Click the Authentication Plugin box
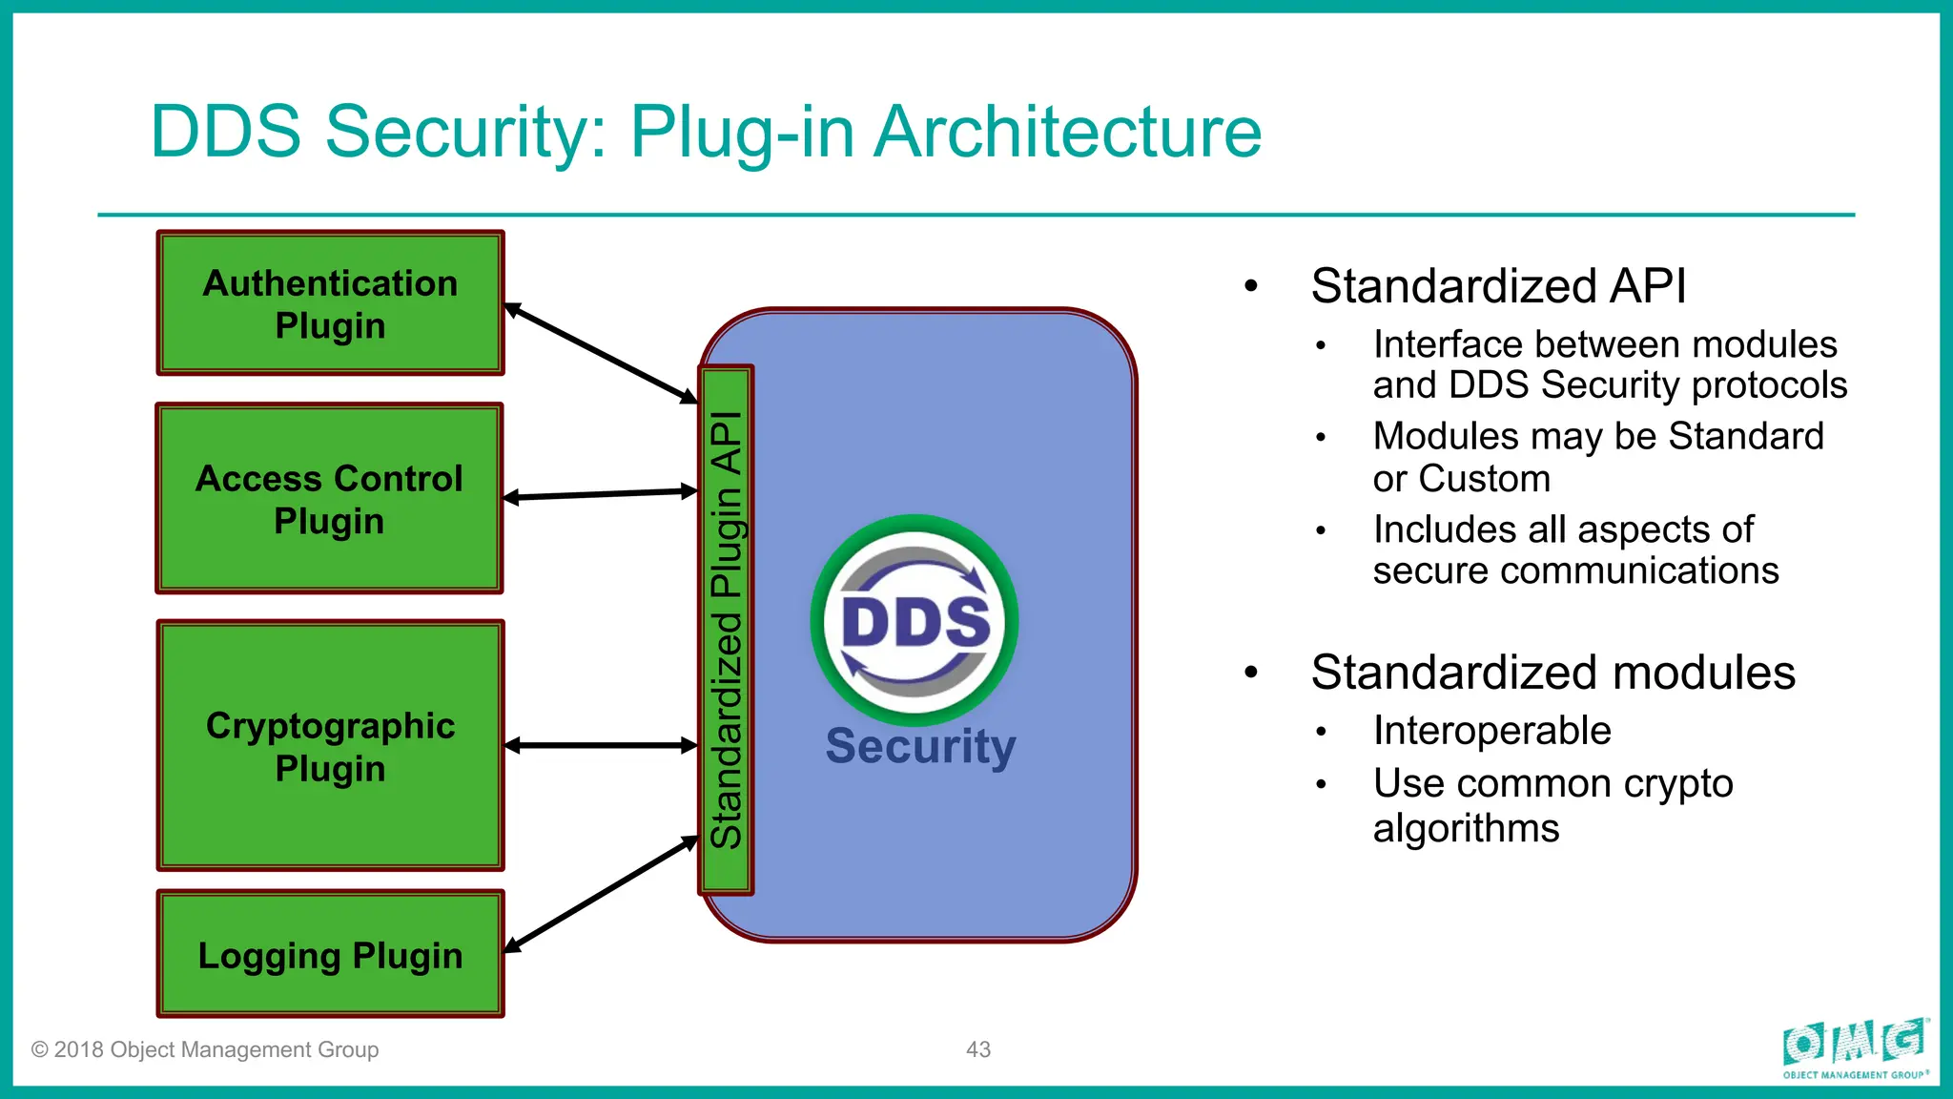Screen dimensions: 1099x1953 (x=330, y=303)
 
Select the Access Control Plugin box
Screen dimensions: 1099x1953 (x=329, y=498)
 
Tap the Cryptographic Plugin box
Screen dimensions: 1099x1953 (x=330, y=745)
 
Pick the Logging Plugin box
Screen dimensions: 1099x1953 (x=330, y=954)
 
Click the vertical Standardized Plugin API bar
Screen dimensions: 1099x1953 (x=727, y=630)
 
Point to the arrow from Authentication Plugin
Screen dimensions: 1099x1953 (x=601, y=353)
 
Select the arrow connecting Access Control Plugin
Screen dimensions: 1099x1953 (x=601, y=494)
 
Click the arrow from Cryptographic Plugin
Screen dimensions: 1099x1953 (x=601, y=745)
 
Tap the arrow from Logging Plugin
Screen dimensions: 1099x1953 (x=601, y=894)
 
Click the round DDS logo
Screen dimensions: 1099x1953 (x=915, y=620)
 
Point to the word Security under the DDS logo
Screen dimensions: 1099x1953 (x=920, y=746)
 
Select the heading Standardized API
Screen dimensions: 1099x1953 (x=1498, y=285)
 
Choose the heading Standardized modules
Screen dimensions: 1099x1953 (x=1552, y=672)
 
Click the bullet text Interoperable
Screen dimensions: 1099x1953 (x=1491, y=731)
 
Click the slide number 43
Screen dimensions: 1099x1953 (x=978, y=1049)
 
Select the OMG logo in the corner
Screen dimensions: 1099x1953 (x=1855, y=1047)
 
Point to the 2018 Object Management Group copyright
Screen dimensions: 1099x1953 (x=205, y=1049)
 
